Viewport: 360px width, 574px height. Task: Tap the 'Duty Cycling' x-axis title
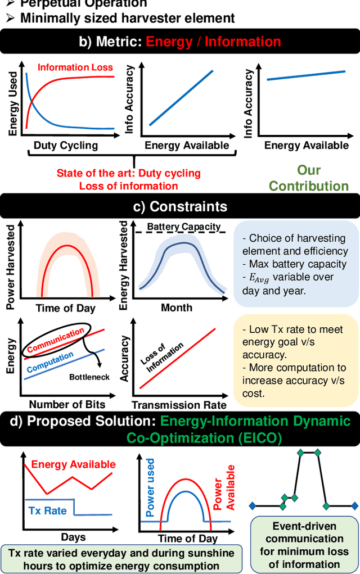(65, 146)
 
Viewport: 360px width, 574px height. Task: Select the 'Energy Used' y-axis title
(12, 101)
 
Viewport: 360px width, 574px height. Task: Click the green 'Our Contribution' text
(309, 178)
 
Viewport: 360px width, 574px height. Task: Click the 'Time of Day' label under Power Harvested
(65, 308)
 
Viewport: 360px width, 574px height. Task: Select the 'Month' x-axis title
(177, 308)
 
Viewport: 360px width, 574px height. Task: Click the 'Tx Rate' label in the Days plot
(48, 510)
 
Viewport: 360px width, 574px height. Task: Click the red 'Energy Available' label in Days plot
(73, 464)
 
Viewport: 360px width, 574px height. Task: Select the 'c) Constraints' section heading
(180, 206)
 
